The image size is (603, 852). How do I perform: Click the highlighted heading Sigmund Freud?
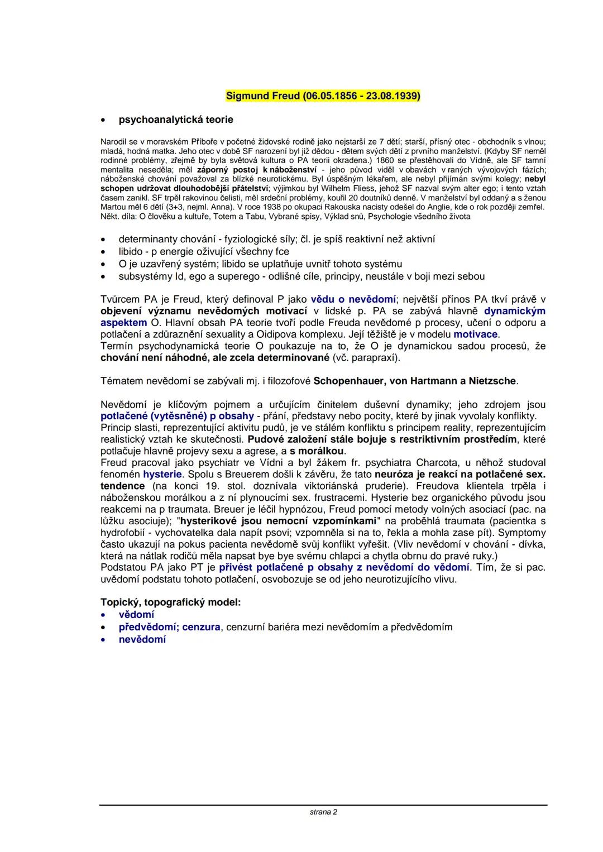point(323,95)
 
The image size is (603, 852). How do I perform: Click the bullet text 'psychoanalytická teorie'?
point(176,119)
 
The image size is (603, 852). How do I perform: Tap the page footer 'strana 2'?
point(323,812)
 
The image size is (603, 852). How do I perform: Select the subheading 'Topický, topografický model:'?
point(170,602)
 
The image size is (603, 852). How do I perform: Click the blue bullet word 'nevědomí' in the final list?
point(142,639)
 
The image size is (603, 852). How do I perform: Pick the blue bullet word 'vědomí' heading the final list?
point(136,615)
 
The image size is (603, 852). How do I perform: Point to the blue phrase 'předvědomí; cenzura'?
point(169,627)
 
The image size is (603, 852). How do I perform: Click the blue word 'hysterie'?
point(162,474)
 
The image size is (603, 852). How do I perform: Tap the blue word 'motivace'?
point(476,334)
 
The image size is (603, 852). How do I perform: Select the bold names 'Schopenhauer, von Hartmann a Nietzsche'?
point(415,381)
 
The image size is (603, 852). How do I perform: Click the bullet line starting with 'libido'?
point(203,251)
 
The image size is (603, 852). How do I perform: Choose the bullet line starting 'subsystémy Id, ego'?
point(301,276)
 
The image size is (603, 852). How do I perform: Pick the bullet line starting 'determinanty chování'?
point(276,239)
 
